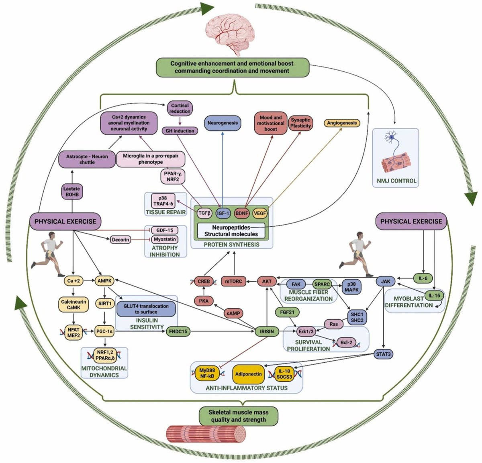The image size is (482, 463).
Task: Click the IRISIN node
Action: pos(267,331)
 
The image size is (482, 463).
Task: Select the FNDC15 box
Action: pos(178,332)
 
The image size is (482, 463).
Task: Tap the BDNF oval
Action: pos(242,213)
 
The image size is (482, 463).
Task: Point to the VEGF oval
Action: pos(260,213)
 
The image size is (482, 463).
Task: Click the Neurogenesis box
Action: pos(223,123)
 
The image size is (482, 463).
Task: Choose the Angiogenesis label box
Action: pos(342,123)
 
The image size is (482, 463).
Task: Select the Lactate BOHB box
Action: pos(71,191)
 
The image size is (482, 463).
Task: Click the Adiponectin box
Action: pos(249,374)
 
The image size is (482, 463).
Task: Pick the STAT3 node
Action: pos(383,354)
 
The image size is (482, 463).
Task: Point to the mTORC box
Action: pos(233,281)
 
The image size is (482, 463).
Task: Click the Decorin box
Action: pos(120,240)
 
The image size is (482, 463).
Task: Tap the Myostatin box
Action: pos(165,239)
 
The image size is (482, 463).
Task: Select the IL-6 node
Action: pos(423,278)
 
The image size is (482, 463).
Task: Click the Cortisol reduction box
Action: pos(180,108)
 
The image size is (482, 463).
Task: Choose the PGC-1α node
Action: pos(105,331)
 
